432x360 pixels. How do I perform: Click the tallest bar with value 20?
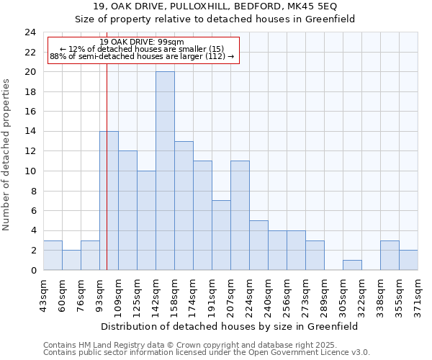(165, 171)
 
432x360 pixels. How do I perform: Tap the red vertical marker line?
(107, 180)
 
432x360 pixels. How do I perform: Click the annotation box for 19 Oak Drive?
(142, 49)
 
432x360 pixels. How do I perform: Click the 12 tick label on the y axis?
(30, 151)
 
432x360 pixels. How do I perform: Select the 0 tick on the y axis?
(32, 270)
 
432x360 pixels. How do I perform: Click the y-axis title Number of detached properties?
(6, 155)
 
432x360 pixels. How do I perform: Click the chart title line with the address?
(215, 6)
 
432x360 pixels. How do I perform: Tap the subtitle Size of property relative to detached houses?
(215, 19)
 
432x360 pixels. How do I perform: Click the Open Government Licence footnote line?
(206, 353)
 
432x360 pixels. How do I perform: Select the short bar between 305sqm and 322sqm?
(352, 265)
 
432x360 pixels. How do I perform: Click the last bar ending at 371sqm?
(408, 260)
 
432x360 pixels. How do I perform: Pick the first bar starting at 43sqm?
(53, 255)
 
